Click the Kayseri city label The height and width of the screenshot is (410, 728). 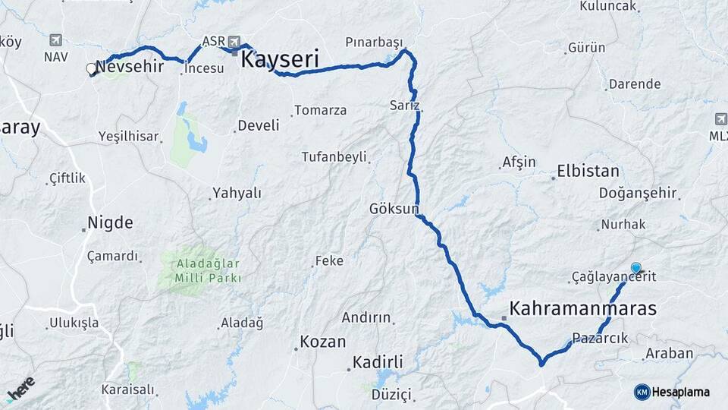tap(279, 60)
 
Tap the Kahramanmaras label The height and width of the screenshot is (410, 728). tap(583, 309)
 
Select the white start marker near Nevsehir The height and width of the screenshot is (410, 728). tap(92, 69)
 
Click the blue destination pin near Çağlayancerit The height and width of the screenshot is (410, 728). tap(635, 268)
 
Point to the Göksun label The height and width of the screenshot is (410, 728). tap(394, 208)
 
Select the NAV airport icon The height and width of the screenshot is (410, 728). tap(55, 40)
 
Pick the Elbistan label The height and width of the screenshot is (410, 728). tap(588, 171)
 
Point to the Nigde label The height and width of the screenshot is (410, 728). tap(110, 223)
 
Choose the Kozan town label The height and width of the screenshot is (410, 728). tap(322, 342)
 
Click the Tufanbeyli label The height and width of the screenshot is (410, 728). tap(334, 157)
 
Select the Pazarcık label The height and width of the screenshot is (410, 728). tap(600, 339)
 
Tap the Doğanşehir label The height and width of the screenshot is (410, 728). tap(637, 194)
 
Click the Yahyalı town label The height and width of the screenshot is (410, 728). tap(237, 193)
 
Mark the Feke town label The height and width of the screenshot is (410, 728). tap(329, 261)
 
